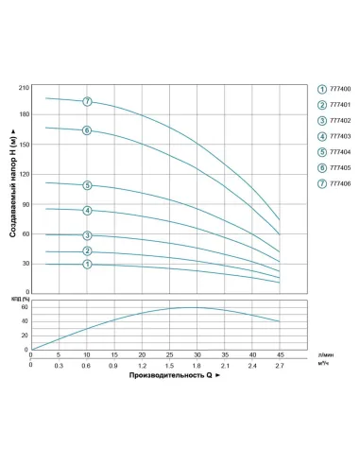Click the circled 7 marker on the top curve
point(87,101)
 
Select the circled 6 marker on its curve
point(87,130)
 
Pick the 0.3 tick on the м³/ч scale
point(59,365)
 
